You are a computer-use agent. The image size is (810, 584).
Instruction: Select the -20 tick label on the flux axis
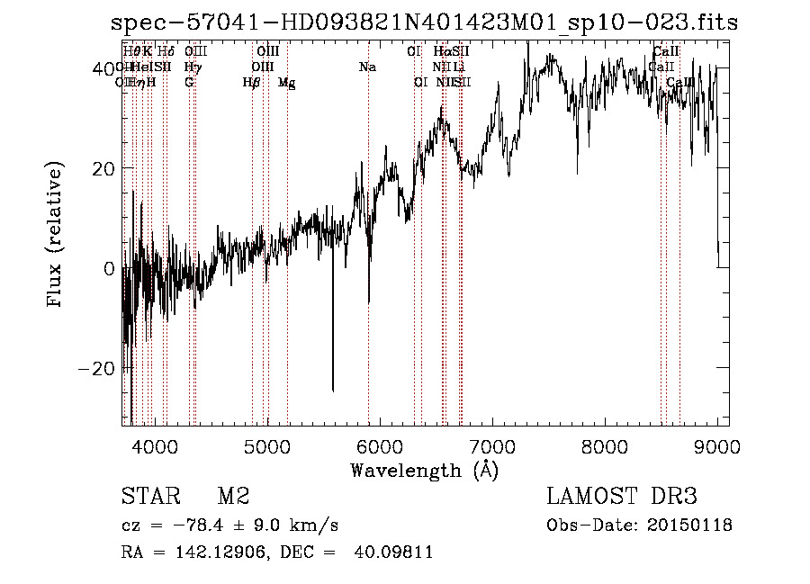click(x=93, y=369)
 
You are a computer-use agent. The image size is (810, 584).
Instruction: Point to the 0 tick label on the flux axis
click(x=107, y=269)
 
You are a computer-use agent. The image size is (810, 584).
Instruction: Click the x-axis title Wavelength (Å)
click(x=424, y=470)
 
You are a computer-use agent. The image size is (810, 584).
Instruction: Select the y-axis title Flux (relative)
click(x=56, y=237)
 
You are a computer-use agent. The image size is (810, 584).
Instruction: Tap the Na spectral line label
click(x=367, y=67)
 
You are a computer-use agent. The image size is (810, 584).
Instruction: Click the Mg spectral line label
click(x=286, y=83)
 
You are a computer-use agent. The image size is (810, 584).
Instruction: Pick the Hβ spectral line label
click(x=251, y=83)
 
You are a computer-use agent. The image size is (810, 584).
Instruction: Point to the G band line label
click(x=189, y=82)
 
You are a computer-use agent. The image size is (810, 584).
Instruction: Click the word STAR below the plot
click(x=148, y=497)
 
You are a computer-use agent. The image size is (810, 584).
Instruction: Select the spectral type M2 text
click(x=233, y=497)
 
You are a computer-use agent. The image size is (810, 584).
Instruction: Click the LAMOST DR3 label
click(x=621, y=497)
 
